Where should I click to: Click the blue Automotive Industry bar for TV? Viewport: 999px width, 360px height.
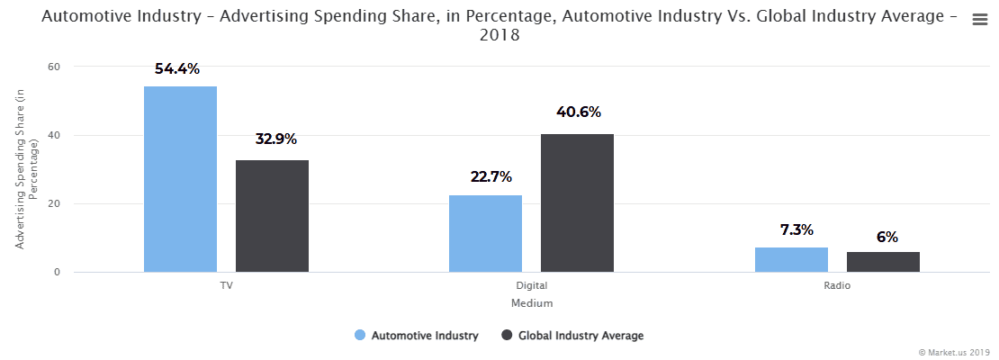(x=180, y=179)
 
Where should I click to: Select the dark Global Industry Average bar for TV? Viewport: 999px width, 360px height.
(x=272, y=216)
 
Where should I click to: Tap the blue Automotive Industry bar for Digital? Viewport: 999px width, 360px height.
(x=485, y=233)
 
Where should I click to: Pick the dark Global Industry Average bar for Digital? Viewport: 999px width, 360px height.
(x=577, y=202)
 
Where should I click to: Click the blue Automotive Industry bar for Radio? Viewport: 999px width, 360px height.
(x=791, y=259)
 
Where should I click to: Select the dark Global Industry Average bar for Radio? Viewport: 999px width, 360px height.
(x=883, y=262)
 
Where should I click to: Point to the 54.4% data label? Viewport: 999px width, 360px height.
(x=177, y=68)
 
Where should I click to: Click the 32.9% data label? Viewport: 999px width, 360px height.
(x=274, y=139)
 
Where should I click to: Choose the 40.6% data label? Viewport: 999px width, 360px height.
(x=579, y=112)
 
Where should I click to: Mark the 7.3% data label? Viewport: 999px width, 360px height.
(x=792, y=229)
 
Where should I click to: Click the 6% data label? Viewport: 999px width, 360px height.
(x=886, y=238)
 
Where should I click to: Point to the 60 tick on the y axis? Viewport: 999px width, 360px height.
(x=54, y=67)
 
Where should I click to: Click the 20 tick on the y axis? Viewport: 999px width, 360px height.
(x=54, y=203)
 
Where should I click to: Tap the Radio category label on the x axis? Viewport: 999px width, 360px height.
(x=837, y=285)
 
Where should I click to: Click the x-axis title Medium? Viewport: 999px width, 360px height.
(x=532, y=303)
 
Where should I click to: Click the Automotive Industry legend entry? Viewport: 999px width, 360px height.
(x=417, y=336)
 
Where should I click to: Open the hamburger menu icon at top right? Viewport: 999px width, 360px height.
(x=980, y=21)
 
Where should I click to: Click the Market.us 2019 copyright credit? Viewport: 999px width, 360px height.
(x=954, y=352)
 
